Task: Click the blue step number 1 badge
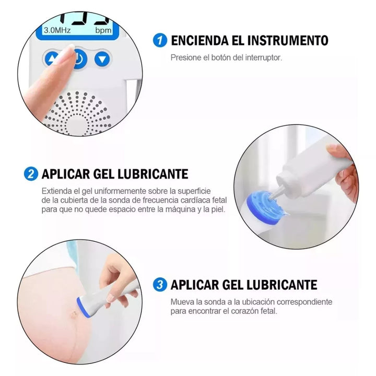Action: click(160, 40)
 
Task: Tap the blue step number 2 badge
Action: click(31, 174)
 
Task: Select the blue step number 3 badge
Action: click(160, 285)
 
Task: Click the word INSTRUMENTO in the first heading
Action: click(288, 40)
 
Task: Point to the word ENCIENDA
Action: click(199, 40)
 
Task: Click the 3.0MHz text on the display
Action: click(57, 30)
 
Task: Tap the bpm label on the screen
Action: click(103, 31)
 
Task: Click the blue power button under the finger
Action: click(79, 58)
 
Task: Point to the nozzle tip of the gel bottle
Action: click(272, 197)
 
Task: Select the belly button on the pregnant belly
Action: click(74, 313)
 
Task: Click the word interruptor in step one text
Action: click(263, 57)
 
